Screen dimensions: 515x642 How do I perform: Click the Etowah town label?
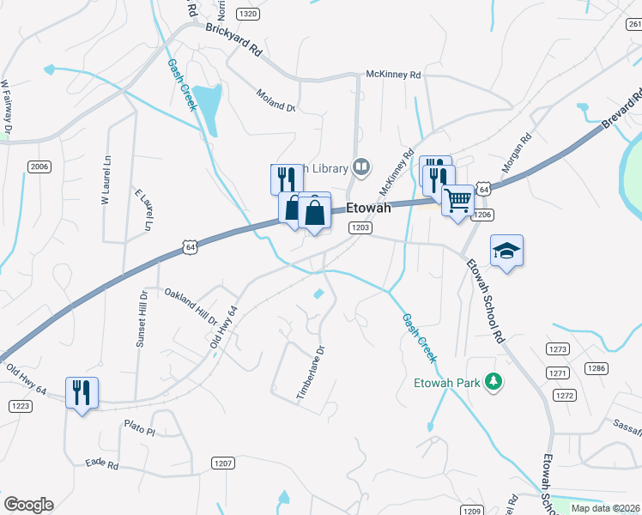(368, 208)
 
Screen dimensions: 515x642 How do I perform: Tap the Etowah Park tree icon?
(494, 380)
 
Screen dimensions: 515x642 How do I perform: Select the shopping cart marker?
(457, 201)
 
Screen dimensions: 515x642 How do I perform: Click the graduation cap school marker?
(506, 251)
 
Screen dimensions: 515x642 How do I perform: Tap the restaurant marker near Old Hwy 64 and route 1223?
(82, 393)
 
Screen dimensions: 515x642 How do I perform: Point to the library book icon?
(363, 167)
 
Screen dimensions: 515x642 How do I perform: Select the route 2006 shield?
(39, 166)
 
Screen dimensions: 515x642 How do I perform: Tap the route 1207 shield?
(223, 463)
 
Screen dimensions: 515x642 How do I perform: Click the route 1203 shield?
(360, 227)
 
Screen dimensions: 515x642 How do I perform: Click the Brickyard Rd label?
(233, 39)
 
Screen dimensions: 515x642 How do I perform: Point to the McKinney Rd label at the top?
(393, 76)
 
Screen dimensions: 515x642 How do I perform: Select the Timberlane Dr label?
(312, 373)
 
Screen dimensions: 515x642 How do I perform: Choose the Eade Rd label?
(101, 463)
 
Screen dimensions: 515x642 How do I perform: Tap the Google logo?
(28, 505)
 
